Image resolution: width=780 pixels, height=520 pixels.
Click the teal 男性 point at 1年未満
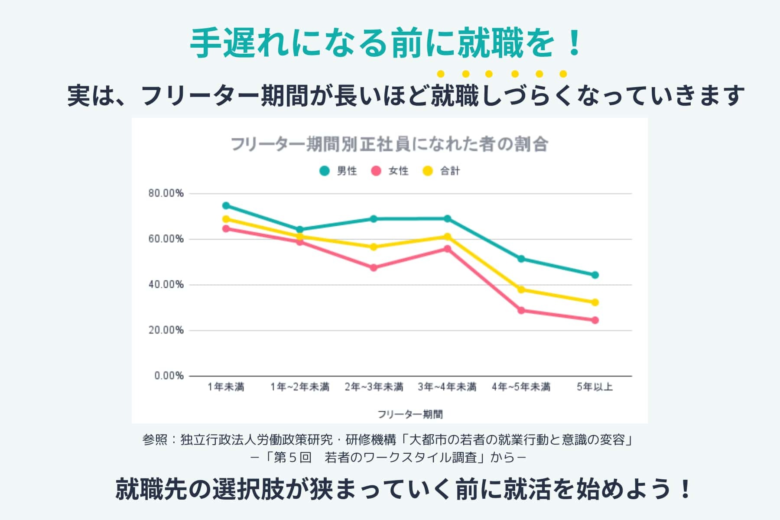point(226,205)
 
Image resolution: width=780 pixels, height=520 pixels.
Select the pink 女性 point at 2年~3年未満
point(374,268)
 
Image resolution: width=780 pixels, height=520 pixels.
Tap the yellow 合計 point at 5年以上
point(595,302)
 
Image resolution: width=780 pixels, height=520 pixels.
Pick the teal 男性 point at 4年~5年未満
point(521,259)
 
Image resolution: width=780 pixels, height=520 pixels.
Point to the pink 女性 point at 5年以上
point(595,320)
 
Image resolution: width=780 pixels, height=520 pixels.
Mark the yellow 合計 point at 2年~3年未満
point(374,247)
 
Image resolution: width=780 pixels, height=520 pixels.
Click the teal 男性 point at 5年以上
point(595,275)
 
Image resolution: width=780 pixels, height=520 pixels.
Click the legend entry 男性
point(338,171)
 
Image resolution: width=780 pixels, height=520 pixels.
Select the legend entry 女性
point(390,171)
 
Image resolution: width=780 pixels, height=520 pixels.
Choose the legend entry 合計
point(442,171)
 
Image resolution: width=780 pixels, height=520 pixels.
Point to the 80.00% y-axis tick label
point(166,193)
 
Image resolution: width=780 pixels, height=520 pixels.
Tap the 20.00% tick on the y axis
point(166,330)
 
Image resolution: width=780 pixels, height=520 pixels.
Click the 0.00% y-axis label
point(169,376)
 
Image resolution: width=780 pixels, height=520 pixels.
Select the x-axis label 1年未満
point(226,387)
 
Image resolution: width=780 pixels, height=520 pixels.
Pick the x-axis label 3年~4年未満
point(447,387)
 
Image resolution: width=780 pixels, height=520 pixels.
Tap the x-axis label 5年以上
point(595,387)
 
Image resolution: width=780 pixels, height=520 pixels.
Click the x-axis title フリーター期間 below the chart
point(410,414)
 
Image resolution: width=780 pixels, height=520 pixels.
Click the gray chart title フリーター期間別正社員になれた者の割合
point(390,144)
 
